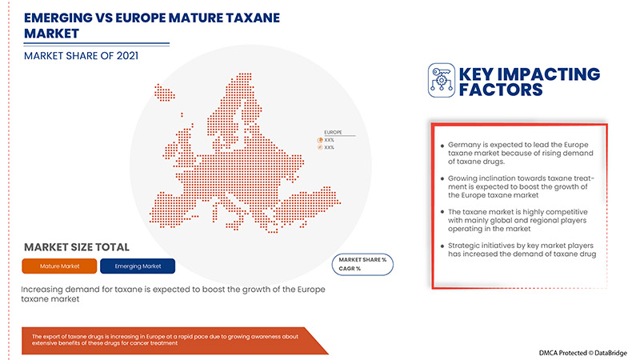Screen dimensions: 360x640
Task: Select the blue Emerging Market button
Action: click(137, 265)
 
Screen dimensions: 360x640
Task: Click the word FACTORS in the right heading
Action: click(501, 90)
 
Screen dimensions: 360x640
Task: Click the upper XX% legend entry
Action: click(330, 139)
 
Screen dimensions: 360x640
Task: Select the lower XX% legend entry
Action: click(330, 147)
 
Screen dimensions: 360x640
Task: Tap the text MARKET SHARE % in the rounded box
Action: click(362, 260)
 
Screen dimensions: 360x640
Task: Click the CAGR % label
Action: click(351, 269)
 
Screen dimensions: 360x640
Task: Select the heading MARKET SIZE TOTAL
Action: click(77, 247)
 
